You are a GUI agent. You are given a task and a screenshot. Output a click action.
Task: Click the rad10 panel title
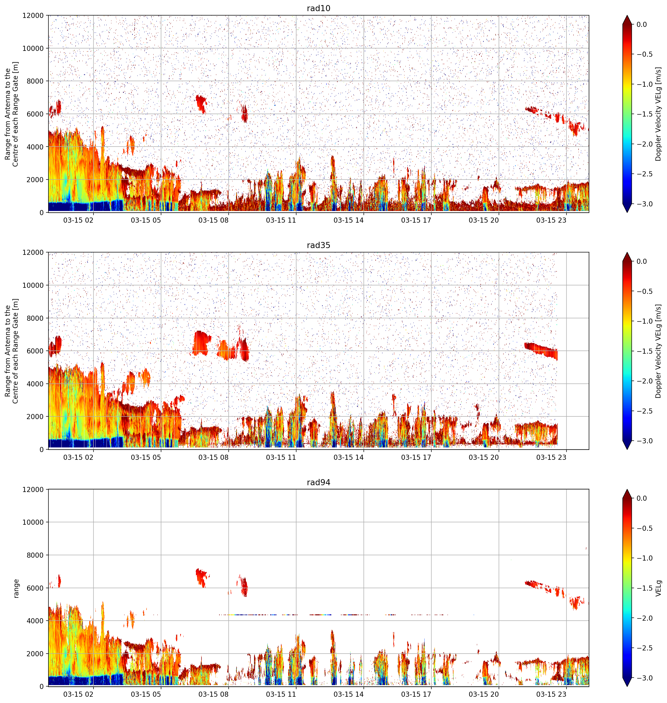pyautogui.click(x=318, y=8)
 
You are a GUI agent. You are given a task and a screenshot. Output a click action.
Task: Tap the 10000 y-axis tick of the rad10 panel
pyautogui.click(x=33, y=48)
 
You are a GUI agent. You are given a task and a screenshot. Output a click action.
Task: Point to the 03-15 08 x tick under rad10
pyautogui.click(x=213, y=220)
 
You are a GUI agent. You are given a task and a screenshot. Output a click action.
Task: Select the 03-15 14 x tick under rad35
pyautogui.click(x=349, y=457)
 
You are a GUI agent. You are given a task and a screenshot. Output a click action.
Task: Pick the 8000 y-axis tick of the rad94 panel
pyautogui.click(x=35, y=555)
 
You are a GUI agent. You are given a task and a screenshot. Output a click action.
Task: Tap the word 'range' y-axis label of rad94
pyautogui.click(x=16, y=588)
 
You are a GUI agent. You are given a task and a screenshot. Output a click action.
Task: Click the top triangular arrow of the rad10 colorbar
pyautogui.click(x=627, y=20)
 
